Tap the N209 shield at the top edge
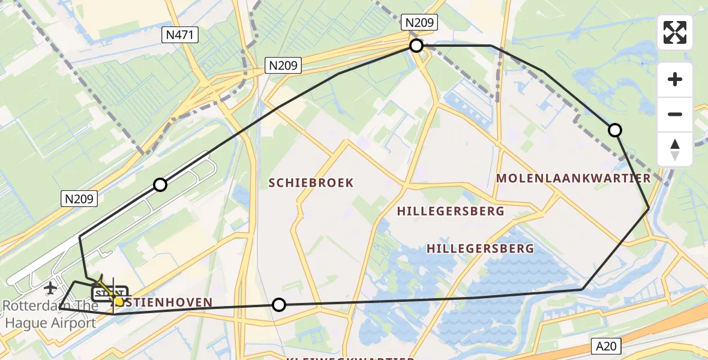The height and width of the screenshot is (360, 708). pos(421,23)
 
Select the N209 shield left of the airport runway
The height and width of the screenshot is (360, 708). pos(80,199)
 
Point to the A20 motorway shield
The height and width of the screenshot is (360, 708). pos(606,346)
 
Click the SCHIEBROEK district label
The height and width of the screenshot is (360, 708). pos(311,183)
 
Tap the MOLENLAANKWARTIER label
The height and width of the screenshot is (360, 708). pos(574,178)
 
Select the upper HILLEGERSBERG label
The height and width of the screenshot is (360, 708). pos(451,211)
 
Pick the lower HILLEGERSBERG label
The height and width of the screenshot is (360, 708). pos(480,248)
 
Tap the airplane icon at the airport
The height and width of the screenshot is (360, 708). pos(50,288)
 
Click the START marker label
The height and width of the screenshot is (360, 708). pos(109,293)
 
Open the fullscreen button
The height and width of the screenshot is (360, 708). pos(675,32)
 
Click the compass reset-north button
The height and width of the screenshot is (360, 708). pos(675,149)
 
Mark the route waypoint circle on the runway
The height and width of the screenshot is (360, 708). pos(160,185)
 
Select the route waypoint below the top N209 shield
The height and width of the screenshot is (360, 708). pos(416,46)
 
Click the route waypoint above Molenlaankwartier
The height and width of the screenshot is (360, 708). pos(614,130)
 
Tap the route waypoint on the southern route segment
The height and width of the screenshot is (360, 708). pos(278,305)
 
